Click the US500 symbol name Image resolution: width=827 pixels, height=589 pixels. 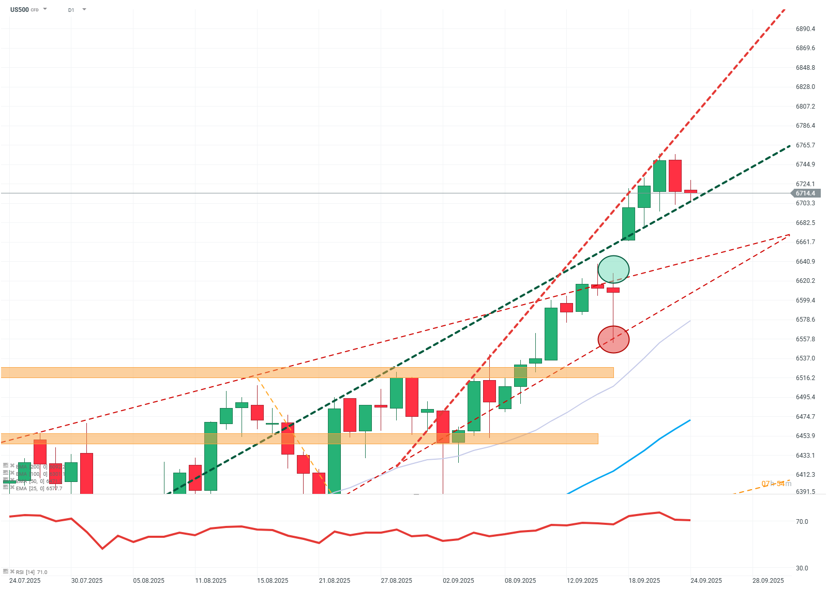(20, 9)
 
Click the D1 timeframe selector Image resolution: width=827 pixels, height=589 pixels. (71, 10)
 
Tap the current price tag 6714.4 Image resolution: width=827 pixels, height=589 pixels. (805, 193)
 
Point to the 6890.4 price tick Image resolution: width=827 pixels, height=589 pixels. (805, 29)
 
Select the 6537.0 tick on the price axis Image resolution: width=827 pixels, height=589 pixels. (805, 358)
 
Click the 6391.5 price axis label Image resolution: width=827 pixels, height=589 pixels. (805, 492)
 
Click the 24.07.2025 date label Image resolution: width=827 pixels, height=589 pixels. (25, 580)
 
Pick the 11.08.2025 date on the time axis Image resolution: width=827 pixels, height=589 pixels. (210, 580)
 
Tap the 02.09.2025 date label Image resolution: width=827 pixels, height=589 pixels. (458, 580)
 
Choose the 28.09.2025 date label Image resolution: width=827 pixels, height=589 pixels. (768, 580)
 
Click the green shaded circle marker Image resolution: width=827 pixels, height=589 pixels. (613, 269)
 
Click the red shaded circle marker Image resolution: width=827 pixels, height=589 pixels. (613, 339)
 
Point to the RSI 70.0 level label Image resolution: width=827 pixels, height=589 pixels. (802, 522)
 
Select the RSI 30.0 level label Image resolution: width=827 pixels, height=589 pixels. (802, 568)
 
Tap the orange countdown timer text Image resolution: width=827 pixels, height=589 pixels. (776, 484)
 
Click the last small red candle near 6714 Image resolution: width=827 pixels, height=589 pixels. (690, 191)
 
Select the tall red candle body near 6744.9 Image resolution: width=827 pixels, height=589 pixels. (675, 176)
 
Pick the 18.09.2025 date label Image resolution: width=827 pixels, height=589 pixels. (644, 580)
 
